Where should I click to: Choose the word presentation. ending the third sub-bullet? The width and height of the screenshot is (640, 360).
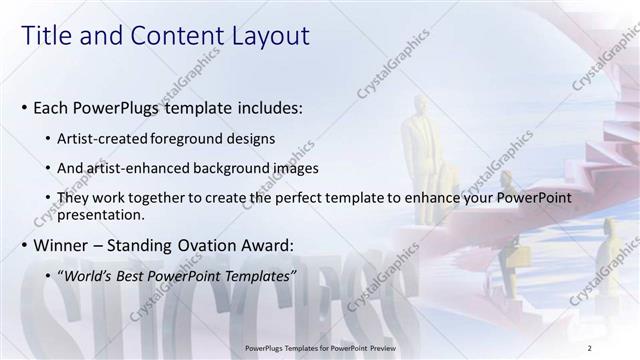pyautogui.click(x=103, y=214)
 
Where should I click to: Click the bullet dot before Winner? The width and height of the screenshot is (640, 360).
pyautogui.click(x=24, y=245)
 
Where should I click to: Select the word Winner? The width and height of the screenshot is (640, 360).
pyautogui.click(x=62, y=245)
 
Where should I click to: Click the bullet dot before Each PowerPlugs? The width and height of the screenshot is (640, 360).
pyautogui.click(x=24, y=107)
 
